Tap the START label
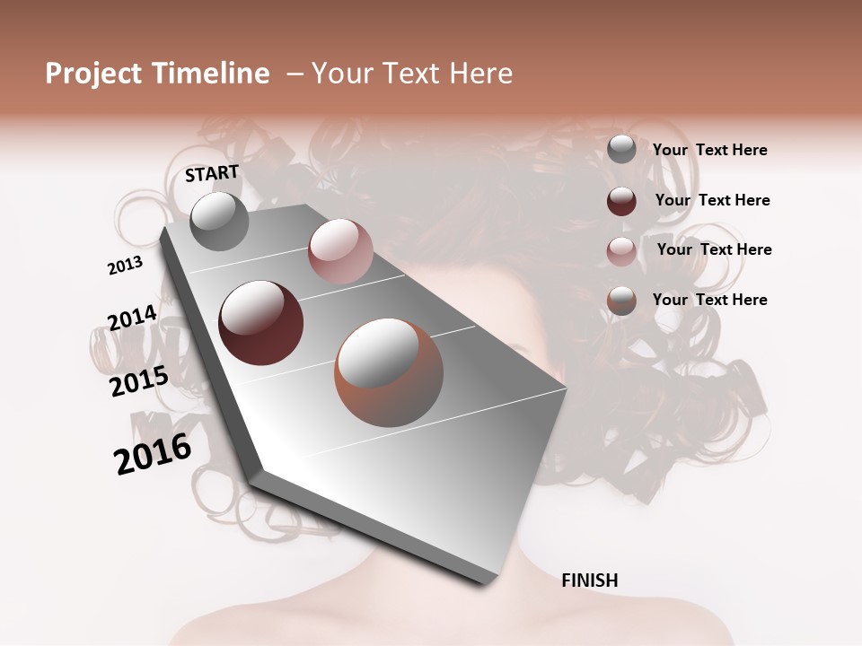(x=212, y=173)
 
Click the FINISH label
(x=589, y=581)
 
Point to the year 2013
(x=125, y=266)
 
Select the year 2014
(x=132, y=319)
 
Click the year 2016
(x=153, y=454)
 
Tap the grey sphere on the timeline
(x=219, y=222)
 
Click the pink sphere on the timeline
(x=340, y=251)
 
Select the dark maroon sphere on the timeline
(x=260, y=323)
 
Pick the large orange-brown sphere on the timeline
(x=389, y=371)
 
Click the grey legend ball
(x=621, y=149)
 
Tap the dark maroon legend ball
(x=621, y=201)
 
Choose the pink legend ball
(x=621, y=251)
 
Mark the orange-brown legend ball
(x=621, y=301)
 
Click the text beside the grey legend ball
(x=709, y=150)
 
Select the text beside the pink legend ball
(x=714, y=249)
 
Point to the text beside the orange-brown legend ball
(x=709, y=300)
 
